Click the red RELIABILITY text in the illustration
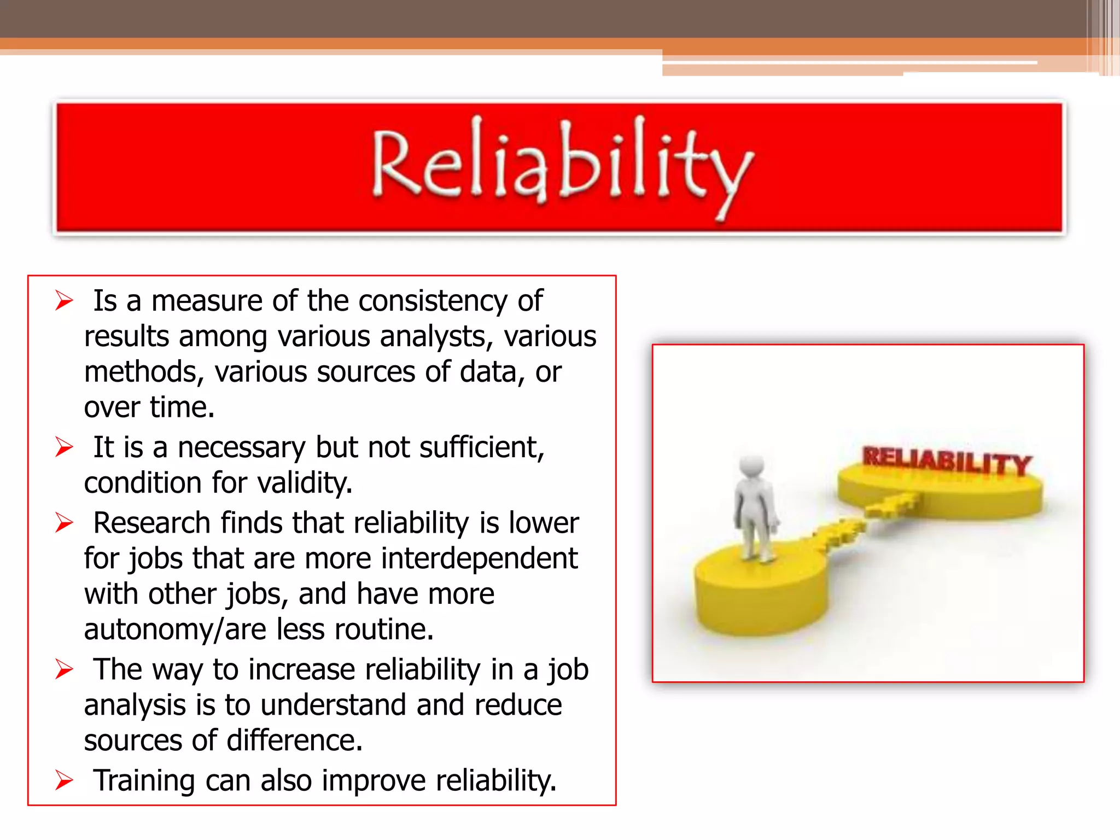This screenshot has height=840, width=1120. (x=947, y=460)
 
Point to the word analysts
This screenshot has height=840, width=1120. (x=436, y=336)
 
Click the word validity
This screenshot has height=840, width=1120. (x=304, y=483)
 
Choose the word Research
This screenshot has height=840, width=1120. (x=151, y=523)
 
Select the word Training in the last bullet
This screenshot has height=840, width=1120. (x=144, y=780)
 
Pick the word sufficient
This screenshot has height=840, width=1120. (x=482, y=447)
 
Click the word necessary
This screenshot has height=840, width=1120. (x=241, y=447)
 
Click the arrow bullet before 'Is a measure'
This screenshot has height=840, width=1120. (x=64, y=301)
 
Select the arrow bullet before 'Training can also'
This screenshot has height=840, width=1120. (x=64, y=780)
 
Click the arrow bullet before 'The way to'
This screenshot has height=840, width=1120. (x=64, y=669)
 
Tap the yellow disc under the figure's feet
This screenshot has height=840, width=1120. (x=760, y=591)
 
